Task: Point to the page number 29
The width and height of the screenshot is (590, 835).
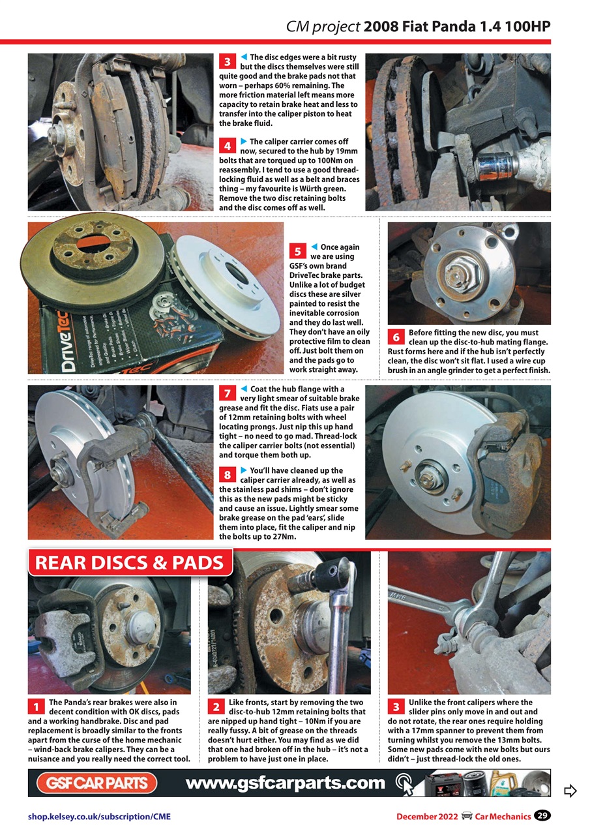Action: point(542,815)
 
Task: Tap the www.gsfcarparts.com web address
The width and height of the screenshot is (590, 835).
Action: point(286,783)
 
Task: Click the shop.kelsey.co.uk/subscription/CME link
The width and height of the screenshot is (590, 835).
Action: point(98,816)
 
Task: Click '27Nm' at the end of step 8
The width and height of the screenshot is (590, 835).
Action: point(284,537)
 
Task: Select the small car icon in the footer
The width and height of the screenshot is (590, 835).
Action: point(466,815)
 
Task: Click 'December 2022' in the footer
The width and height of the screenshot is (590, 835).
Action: point(426,816)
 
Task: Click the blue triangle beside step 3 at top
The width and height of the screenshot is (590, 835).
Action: point(244,57)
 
